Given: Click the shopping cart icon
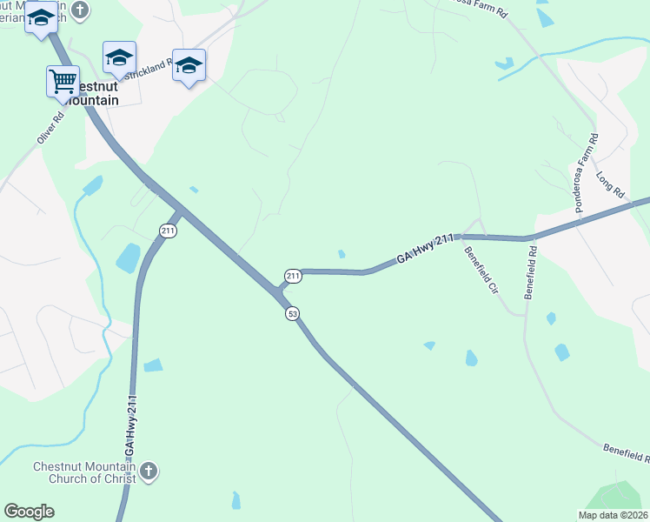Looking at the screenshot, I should coord(63,81).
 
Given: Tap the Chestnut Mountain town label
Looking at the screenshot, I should coord(86,94).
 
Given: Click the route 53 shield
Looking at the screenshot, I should coord(293,313).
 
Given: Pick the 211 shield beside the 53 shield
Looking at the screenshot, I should coord(293,277).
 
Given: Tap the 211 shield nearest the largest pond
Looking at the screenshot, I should coord(169,231).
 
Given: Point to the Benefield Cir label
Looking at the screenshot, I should coord(480,271).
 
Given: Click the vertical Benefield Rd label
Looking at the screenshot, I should coord(530,272).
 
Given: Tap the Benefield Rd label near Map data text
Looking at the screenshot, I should coord(625,452).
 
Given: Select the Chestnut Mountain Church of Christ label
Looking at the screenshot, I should coord(84,472).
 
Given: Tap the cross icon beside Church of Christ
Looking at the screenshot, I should coord(149,472).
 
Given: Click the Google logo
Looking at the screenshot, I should coord(29,512).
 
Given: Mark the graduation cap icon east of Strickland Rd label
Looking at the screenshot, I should coord(189,65).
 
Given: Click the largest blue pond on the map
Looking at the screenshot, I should coord(128,258).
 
